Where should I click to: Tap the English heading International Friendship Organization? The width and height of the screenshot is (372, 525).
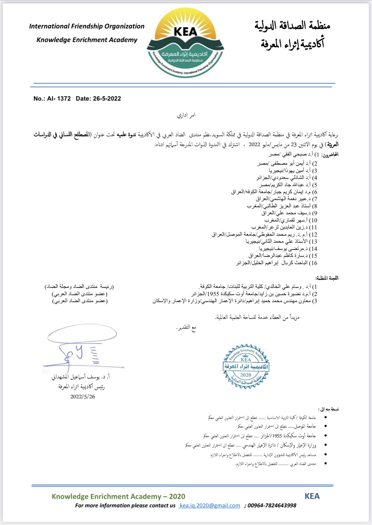[87, 26]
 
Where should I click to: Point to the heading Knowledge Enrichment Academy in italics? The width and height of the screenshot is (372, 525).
[87, 40]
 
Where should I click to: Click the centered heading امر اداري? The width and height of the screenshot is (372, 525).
[186, 115]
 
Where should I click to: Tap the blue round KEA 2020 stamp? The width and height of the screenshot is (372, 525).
[246, 366]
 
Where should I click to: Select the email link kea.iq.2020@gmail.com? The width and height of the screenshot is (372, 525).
[210, 505]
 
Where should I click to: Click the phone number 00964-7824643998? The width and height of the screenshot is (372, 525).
[272, 505]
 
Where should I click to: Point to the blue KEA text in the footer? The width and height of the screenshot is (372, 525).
[312, 496]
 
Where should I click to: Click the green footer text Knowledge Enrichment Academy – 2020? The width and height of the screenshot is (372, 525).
[118, 496]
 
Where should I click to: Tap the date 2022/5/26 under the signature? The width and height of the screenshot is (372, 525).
[83, 397]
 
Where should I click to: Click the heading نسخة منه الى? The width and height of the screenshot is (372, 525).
[328, 409]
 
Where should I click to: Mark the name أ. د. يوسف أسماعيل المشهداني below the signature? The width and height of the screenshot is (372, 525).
[81, 377]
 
